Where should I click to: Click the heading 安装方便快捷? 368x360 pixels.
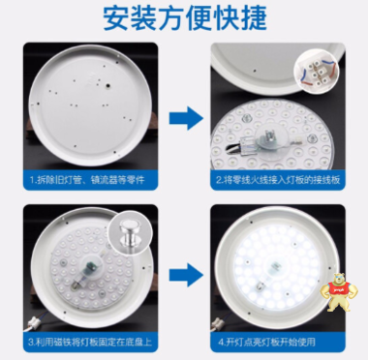pyautogui.click(x=183, y=19)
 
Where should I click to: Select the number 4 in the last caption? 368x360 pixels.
pyautogui.click(x=222, y=342)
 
